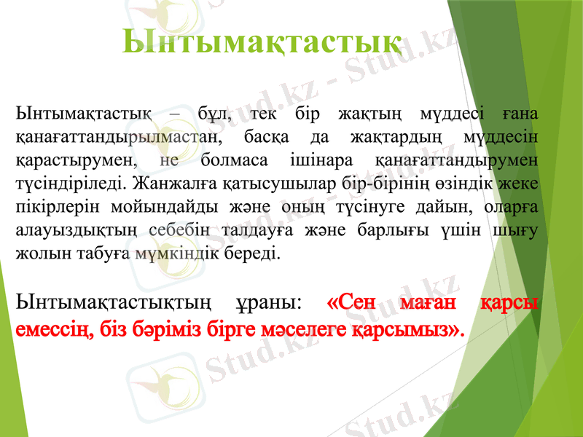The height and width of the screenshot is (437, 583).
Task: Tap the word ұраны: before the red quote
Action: (267, 301)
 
